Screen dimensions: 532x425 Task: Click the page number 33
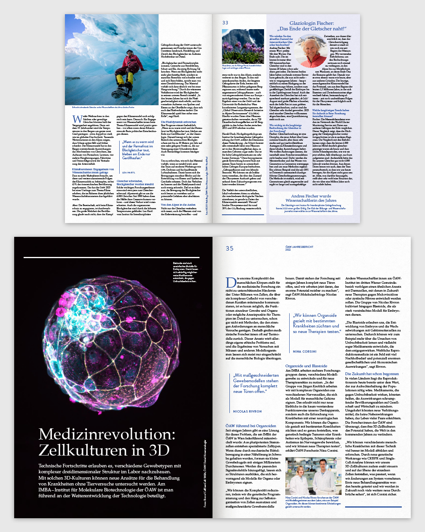coord(225,23)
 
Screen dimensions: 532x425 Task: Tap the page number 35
coord(229,249)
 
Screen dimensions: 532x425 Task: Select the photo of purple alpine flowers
coord(243,46)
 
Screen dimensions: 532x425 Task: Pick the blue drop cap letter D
coord(231,283)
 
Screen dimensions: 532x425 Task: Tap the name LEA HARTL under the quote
coord(128,173)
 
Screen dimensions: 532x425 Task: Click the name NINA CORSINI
coord(305,352)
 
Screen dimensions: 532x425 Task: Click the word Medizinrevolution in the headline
coord(107,434)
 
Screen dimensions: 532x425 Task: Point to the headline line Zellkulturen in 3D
coord(104,450)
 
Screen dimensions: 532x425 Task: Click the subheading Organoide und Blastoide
coord(306,366)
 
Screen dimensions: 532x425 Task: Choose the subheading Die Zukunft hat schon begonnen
coord(372,374)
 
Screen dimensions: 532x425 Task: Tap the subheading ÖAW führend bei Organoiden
coord(251,426)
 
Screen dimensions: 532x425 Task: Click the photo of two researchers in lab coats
coord(313,476)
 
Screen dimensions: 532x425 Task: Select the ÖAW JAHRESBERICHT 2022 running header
coord(299,248)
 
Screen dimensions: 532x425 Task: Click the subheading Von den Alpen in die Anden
coord(178,205)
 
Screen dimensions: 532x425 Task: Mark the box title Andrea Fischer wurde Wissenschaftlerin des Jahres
coord(311,198)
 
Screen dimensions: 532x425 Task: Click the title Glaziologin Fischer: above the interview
coord(311,23)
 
